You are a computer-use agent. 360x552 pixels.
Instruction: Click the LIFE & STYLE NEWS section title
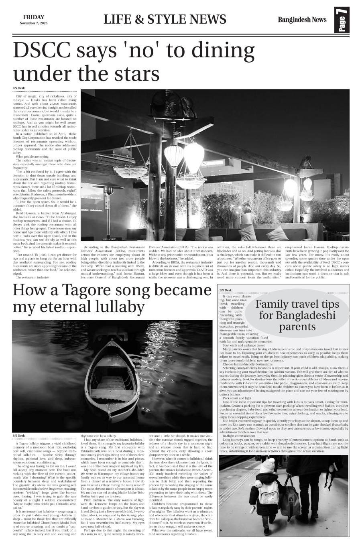pos(165,19)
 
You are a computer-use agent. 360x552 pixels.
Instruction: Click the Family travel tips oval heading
pos(297,315)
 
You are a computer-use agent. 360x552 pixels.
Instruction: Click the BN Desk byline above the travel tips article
pos(226,290)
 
